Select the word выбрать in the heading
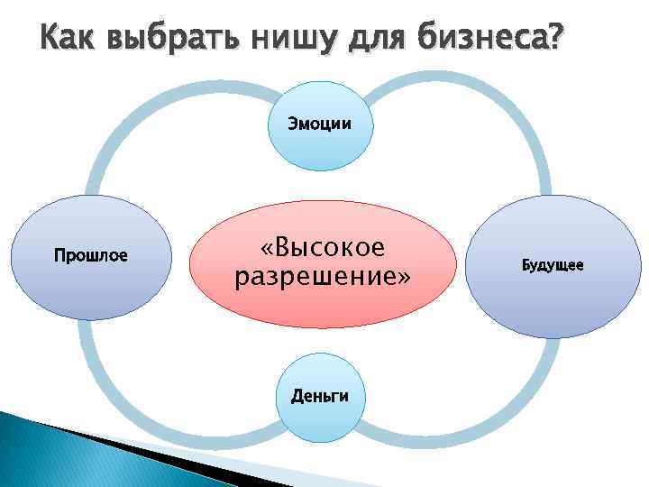(171, 39)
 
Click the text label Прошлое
(90, 255)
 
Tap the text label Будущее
(552, 265)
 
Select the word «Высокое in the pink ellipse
(322, 246)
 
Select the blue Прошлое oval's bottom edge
(90, 317)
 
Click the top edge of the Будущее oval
(552, 197)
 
